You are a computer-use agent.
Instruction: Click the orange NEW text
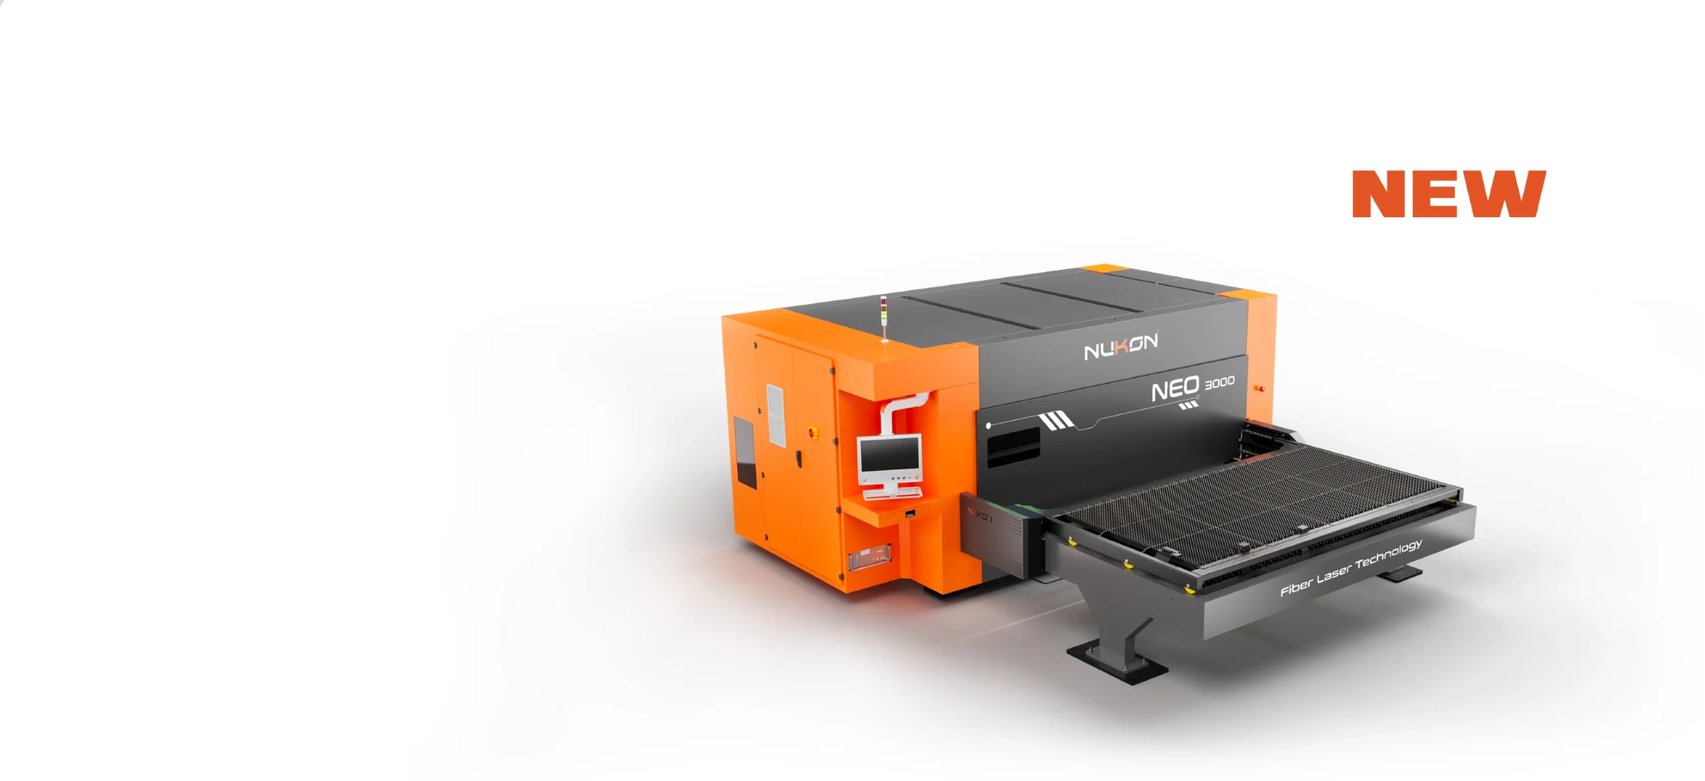1449,194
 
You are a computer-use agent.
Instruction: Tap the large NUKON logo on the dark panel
1121,347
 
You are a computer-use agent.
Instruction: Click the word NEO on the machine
1176,390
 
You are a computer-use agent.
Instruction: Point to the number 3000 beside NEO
1219,383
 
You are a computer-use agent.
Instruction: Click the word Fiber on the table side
1297,587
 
